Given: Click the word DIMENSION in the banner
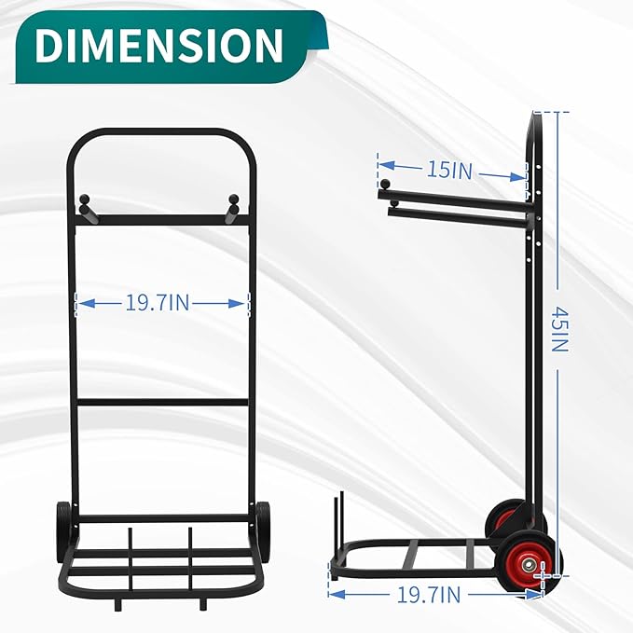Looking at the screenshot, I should [x=159, y=45].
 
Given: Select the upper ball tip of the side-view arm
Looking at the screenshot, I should [x=383, y=183].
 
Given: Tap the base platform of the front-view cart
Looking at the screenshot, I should [x=160, y=559].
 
